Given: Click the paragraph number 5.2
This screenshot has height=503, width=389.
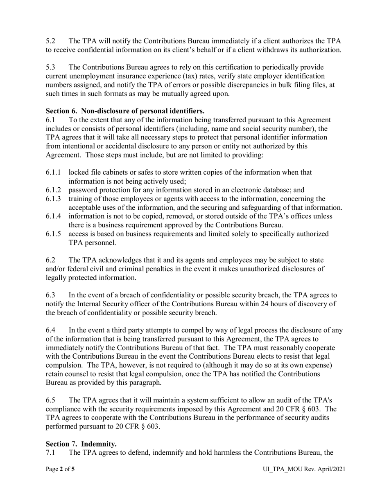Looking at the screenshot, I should (50, 41).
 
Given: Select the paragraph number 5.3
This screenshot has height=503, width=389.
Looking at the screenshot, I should (50, 67).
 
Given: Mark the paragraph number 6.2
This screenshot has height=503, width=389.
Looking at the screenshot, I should (50, 260).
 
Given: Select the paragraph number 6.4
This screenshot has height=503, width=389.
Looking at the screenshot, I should (50, 330).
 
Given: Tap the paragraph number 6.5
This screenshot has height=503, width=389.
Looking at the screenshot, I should (50, 400).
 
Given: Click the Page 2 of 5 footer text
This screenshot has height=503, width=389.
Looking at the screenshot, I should (60, 469).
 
